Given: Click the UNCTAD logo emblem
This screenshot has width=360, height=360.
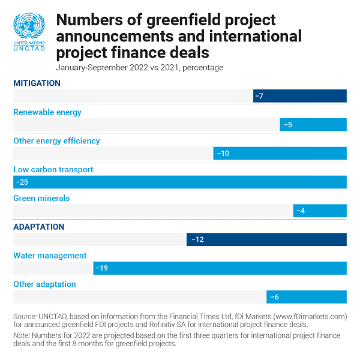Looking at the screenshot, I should point(29,26).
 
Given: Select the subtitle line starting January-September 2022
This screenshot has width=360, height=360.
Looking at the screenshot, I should point(139,67).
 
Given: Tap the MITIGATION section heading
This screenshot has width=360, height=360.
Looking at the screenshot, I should point(37,83).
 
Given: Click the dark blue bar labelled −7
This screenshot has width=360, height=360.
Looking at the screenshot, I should point(300,96).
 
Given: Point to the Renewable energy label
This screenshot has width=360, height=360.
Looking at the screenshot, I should point(47,112).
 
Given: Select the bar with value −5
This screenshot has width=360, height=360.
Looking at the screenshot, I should point(313,125).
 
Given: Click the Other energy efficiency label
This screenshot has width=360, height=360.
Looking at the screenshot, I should point(56,141).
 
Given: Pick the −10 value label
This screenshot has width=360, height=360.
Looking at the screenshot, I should point(223,154).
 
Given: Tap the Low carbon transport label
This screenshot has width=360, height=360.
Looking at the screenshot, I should point(53,170).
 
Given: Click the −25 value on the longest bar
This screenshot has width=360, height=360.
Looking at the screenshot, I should point(23,182).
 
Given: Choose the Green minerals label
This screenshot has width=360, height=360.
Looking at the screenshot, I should point(41,198).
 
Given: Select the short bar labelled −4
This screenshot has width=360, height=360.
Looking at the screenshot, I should point(320,211).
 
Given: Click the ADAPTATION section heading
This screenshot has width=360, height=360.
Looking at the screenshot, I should point(38,227).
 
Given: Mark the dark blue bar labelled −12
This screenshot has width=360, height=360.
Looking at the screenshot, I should point(266,239).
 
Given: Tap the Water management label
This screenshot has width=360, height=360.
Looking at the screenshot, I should point(50,256).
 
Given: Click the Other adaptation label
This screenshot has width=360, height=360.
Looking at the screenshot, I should point(44,284).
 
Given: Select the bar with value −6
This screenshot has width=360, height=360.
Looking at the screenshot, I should point(307,297).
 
